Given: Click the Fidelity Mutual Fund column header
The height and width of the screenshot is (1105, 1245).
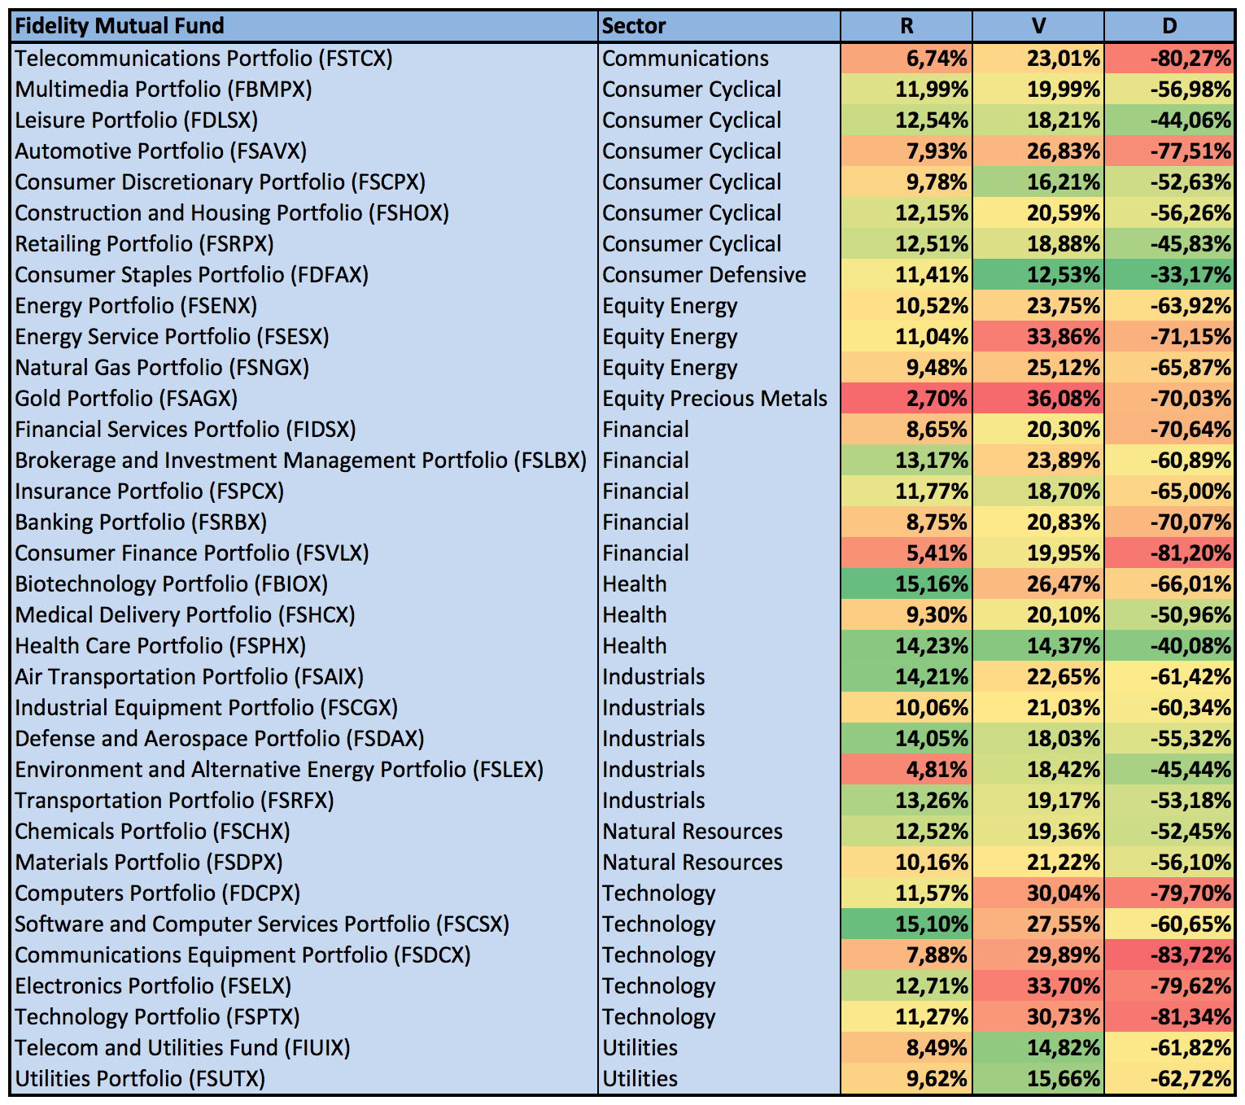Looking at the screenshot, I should point(120,26).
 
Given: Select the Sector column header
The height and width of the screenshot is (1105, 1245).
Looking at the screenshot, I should point(634,26).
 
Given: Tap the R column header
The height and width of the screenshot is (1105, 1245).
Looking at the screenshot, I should point(906,26).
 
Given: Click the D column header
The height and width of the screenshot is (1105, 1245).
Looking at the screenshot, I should point(1169,26).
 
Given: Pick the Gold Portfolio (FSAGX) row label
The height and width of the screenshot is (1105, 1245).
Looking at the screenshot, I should point(126,399).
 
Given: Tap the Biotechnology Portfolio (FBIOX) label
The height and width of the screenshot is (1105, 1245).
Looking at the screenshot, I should point(171,584).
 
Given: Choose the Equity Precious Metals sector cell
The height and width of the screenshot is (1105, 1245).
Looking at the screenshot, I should point(714,399).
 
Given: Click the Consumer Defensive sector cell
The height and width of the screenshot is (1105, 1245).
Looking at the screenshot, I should point(704,275).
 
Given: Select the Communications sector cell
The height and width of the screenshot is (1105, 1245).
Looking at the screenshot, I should point(685,59).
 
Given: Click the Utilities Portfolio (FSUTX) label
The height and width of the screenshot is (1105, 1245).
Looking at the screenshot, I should point(140,1079).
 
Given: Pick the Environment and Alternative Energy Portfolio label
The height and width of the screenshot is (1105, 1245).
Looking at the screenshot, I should point(279,770).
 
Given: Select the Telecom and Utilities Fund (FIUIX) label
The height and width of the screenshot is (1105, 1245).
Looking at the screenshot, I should point(182,1048).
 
